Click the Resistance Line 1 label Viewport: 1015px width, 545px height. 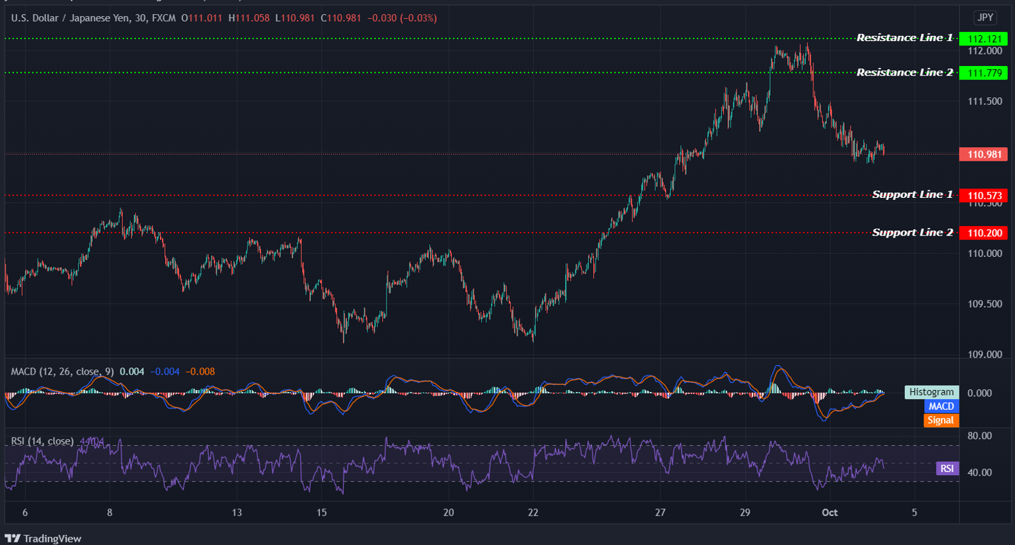click(x=904, y=38)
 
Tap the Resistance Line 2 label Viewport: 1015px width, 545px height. click(x=904, y=72)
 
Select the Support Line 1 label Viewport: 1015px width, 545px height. click(x=912, y=195)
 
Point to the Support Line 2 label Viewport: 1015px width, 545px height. click(x=912, y=232)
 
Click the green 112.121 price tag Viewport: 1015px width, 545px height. click(x=984, y=39)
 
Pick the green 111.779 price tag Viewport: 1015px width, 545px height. click(x=984, y=73)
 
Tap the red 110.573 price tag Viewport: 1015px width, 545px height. click(x=984, y=196)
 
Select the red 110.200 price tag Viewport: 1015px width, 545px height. click(x=984, y=233)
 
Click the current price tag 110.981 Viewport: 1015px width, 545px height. click(x=984, y=154)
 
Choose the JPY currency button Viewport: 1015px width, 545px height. click(x=985, y=18)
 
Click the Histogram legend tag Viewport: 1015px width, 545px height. click(x=931, y=392)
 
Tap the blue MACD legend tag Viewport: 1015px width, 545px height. click(x=941, y=406)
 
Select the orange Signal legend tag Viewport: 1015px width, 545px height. click(x=940, y=420)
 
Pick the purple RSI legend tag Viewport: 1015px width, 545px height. click(x=947, y=469)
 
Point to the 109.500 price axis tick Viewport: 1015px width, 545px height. click(x=984, y=304)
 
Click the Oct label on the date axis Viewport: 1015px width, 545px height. click(x=829, y=512)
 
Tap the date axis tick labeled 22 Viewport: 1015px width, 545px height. click(x=533, y=512)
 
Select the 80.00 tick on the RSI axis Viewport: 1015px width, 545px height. click(x=980, y=436)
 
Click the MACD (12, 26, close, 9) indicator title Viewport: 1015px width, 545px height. click(x=62, y=371)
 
